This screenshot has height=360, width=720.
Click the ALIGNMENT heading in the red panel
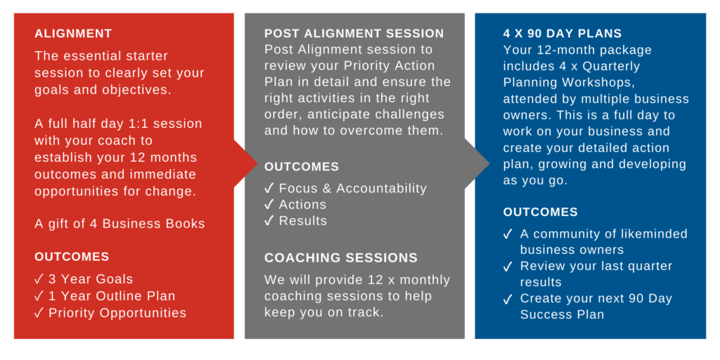click(73, 34)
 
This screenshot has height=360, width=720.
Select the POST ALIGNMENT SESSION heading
click(354, 34)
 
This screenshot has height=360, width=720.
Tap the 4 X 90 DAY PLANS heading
click(562, 34)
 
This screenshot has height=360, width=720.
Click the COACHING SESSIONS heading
click(341, 257)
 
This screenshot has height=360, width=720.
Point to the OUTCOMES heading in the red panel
click(72, 257)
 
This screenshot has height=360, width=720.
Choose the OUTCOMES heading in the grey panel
click(302, 167)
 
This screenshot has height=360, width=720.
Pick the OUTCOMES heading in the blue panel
click(541, 212)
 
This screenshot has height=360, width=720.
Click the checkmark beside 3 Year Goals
click(39, 279)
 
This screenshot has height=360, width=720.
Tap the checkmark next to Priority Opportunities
click(39, 313)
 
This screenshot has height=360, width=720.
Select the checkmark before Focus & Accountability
click(269, 188)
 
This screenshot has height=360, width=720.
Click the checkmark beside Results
click(269, 221)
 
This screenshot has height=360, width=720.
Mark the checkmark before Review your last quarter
click(508, 266)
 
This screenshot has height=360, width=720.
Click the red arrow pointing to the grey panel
click(245, 163)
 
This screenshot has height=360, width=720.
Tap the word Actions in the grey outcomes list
click(302, 205)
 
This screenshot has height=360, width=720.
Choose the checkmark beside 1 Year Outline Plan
click(39, 296)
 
